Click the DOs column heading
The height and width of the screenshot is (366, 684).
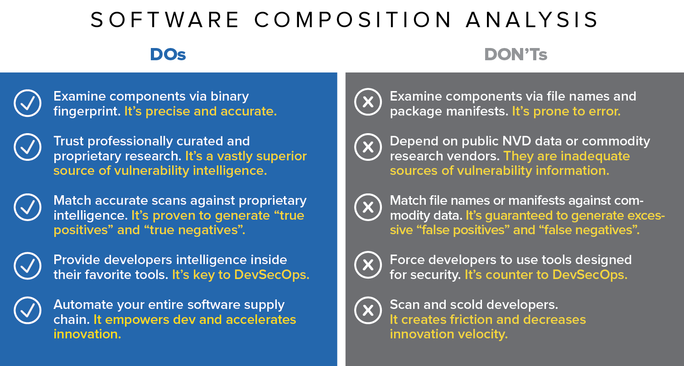[168, 55]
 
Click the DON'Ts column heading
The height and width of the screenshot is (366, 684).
[516, 55]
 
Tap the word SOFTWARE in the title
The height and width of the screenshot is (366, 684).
[164, 20]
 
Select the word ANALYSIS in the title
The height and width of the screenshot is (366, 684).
[532, 20]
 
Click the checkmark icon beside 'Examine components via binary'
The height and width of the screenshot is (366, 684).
[28, 103]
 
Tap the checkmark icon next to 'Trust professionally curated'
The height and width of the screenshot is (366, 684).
[28, 147]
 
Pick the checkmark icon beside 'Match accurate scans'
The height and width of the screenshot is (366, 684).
[28, 207]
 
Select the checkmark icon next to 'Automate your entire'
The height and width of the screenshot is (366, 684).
[28, 310]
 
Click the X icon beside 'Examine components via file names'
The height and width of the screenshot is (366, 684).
[368, 102]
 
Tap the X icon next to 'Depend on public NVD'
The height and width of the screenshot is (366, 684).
[368, 147]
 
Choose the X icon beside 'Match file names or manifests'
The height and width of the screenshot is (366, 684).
[368, 207]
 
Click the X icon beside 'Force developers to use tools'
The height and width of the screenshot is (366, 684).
[368, 265]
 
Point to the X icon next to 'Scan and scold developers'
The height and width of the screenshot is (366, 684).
[368, 310]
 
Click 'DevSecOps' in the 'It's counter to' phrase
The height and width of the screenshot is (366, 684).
[590, 275]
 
